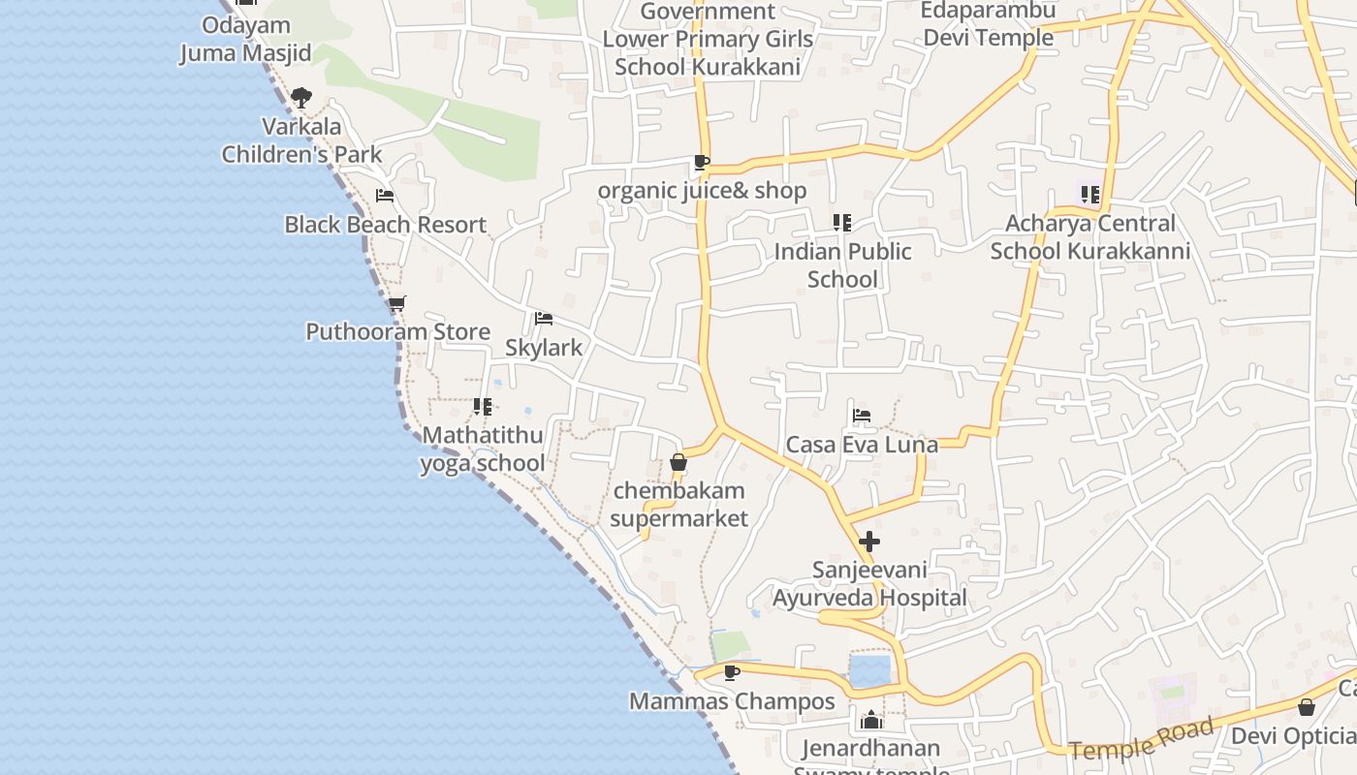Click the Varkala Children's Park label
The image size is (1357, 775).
(302, 140)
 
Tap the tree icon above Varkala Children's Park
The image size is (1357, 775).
(301, 97)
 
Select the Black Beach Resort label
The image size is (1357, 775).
(385, 225)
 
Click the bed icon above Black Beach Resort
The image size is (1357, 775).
(385, 196)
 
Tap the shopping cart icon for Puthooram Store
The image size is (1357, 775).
(396, 304)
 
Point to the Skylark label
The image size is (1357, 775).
(544, 348)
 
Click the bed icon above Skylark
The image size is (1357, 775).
(544, 319)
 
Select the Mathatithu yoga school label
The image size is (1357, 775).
(483, 449)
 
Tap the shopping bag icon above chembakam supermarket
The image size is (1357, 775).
(678, 462)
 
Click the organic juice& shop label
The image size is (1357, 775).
(702, 191)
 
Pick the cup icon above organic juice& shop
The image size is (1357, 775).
(702, 162)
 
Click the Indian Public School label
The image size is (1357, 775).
(843, 265)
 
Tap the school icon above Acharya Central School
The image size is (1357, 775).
(1090, 195)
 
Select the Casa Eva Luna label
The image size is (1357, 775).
(862, 445)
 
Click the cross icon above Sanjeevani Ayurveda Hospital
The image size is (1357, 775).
(869, 541)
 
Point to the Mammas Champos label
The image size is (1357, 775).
(732, 701)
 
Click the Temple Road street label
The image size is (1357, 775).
(1142, 739)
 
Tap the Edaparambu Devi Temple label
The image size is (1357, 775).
(988, 24)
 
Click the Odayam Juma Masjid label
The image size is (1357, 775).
(246, 39)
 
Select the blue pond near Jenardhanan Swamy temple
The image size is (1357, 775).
(869, 670)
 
